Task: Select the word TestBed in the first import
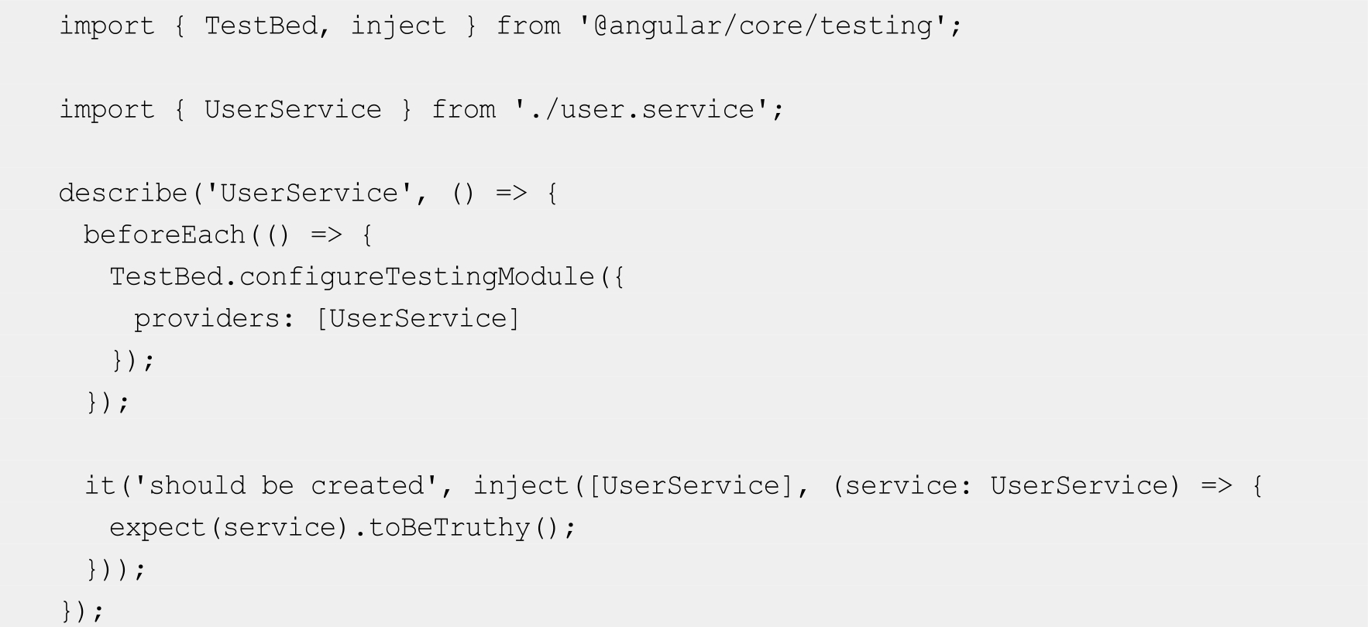coord(260,26)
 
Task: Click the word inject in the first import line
coord(398,26)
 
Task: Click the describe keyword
coord(123,193)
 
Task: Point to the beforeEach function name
coord(164,235)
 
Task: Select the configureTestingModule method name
coord(417,276)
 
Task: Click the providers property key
coord(205,318)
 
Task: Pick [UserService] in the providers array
coord(418,318)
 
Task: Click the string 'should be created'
coord(286,485)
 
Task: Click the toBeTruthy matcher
coord(449,527)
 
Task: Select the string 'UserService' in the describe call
coord(309,193)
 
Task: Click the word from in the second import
coord(463,110)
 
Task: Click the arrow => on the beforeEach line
coord(326,235)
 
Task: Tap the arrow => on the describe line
coord(511,193)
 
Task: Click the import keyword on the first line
coord(107,26)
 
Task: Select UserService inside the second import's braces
coord(293,110)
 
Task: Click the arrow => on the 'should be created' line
coord(1216,485)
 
